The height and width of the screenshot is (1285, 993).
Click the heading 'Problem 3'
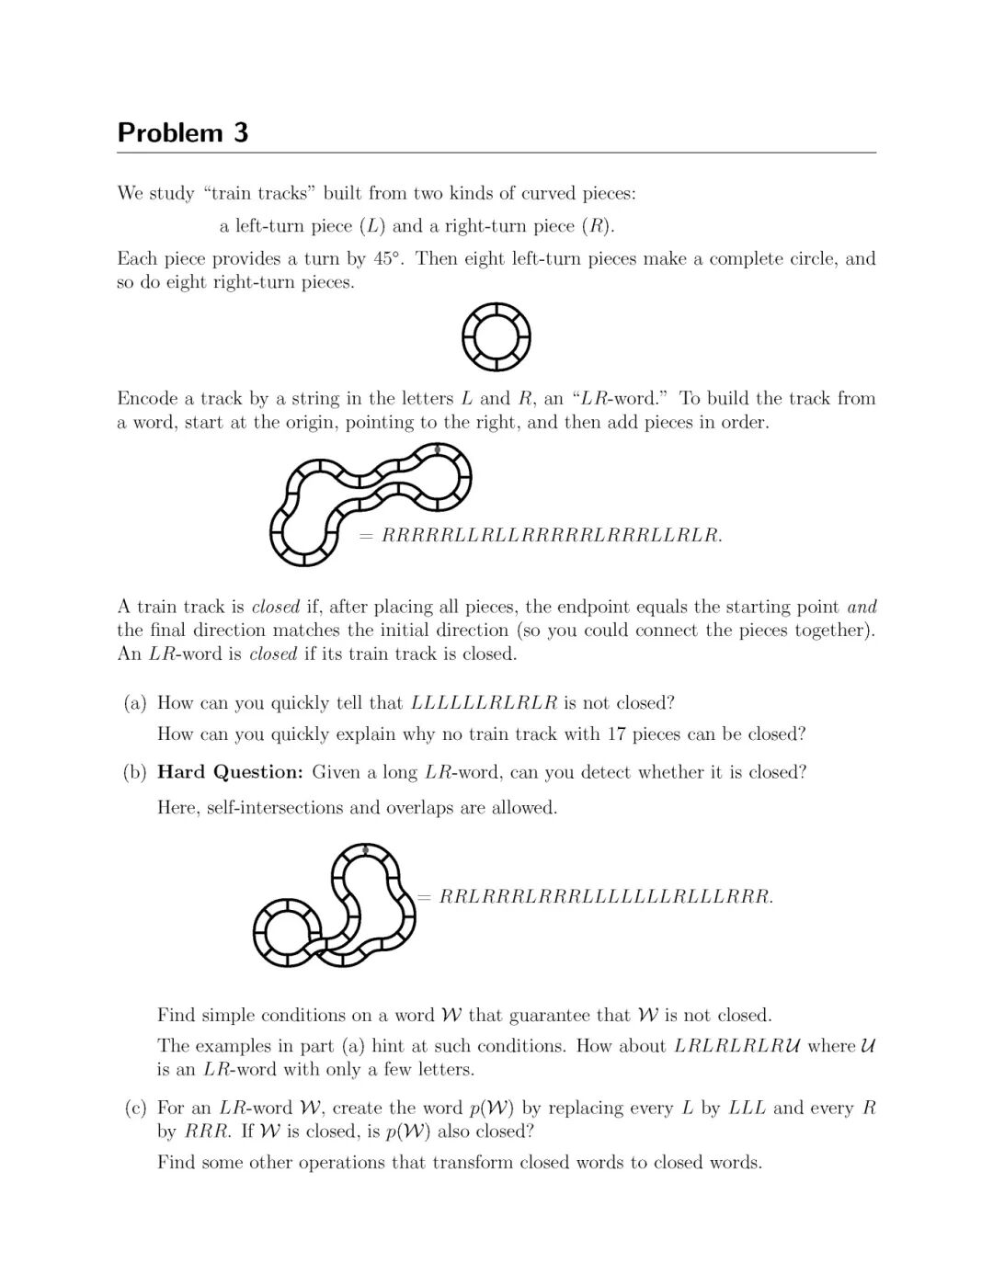(x=183, y=133)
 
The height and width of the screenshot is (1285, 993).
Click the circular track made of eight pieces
(x=496, y=336)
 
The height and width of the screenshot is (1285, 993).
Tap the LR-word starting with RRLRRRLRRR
(x=606, y=896)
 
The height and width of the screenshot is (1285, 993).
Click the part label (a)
(x=135, y=703)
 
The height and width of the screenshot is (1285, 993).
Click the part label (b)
(x=135, y=773)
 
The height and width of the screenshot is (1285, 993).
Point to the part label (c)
(x=135, y=1109)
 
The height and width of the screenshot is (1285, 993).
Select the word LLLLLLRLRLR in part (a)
(x=485, y=703)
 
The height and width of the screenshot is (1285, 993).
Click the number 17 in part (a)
(x=614, y=734)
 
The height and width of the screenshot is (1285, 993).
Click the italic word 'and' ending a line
(x=862, y=607)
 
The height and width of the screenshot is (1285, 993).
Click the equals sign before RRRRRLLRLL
(x=366, y=535)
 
